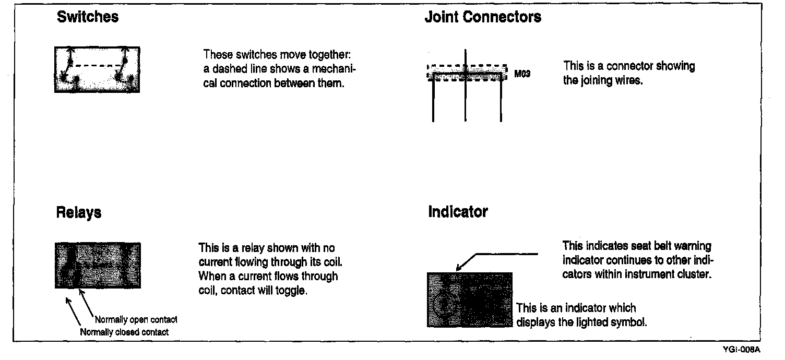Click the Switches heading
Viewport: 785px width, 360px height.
[88, 17]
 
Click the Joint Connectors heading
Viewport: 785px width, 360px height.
[483, 17]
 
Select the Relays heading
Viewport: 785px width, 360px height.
[79, 213]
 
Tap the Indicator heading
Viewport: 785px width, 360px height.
[458, 212]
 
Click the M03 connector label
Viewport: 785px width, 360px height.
[522, 74]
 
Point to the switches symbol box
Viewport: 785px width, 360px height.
[97, 70]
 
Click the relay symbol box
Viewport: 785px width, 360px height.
[98, 265]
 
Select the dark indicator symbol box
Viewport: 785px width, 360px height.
[469, 299]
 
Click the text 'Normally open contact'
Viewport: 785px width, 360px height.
[136, 319]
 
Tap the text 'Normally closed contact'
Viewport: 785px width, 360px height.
[124, 332]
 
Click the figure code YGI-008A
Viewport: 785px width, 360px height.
[741, 350]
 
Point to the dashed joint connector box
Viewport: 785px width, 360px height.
[467, 73]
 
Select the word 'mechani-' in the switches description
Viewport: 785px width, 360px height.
[339, 69]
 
